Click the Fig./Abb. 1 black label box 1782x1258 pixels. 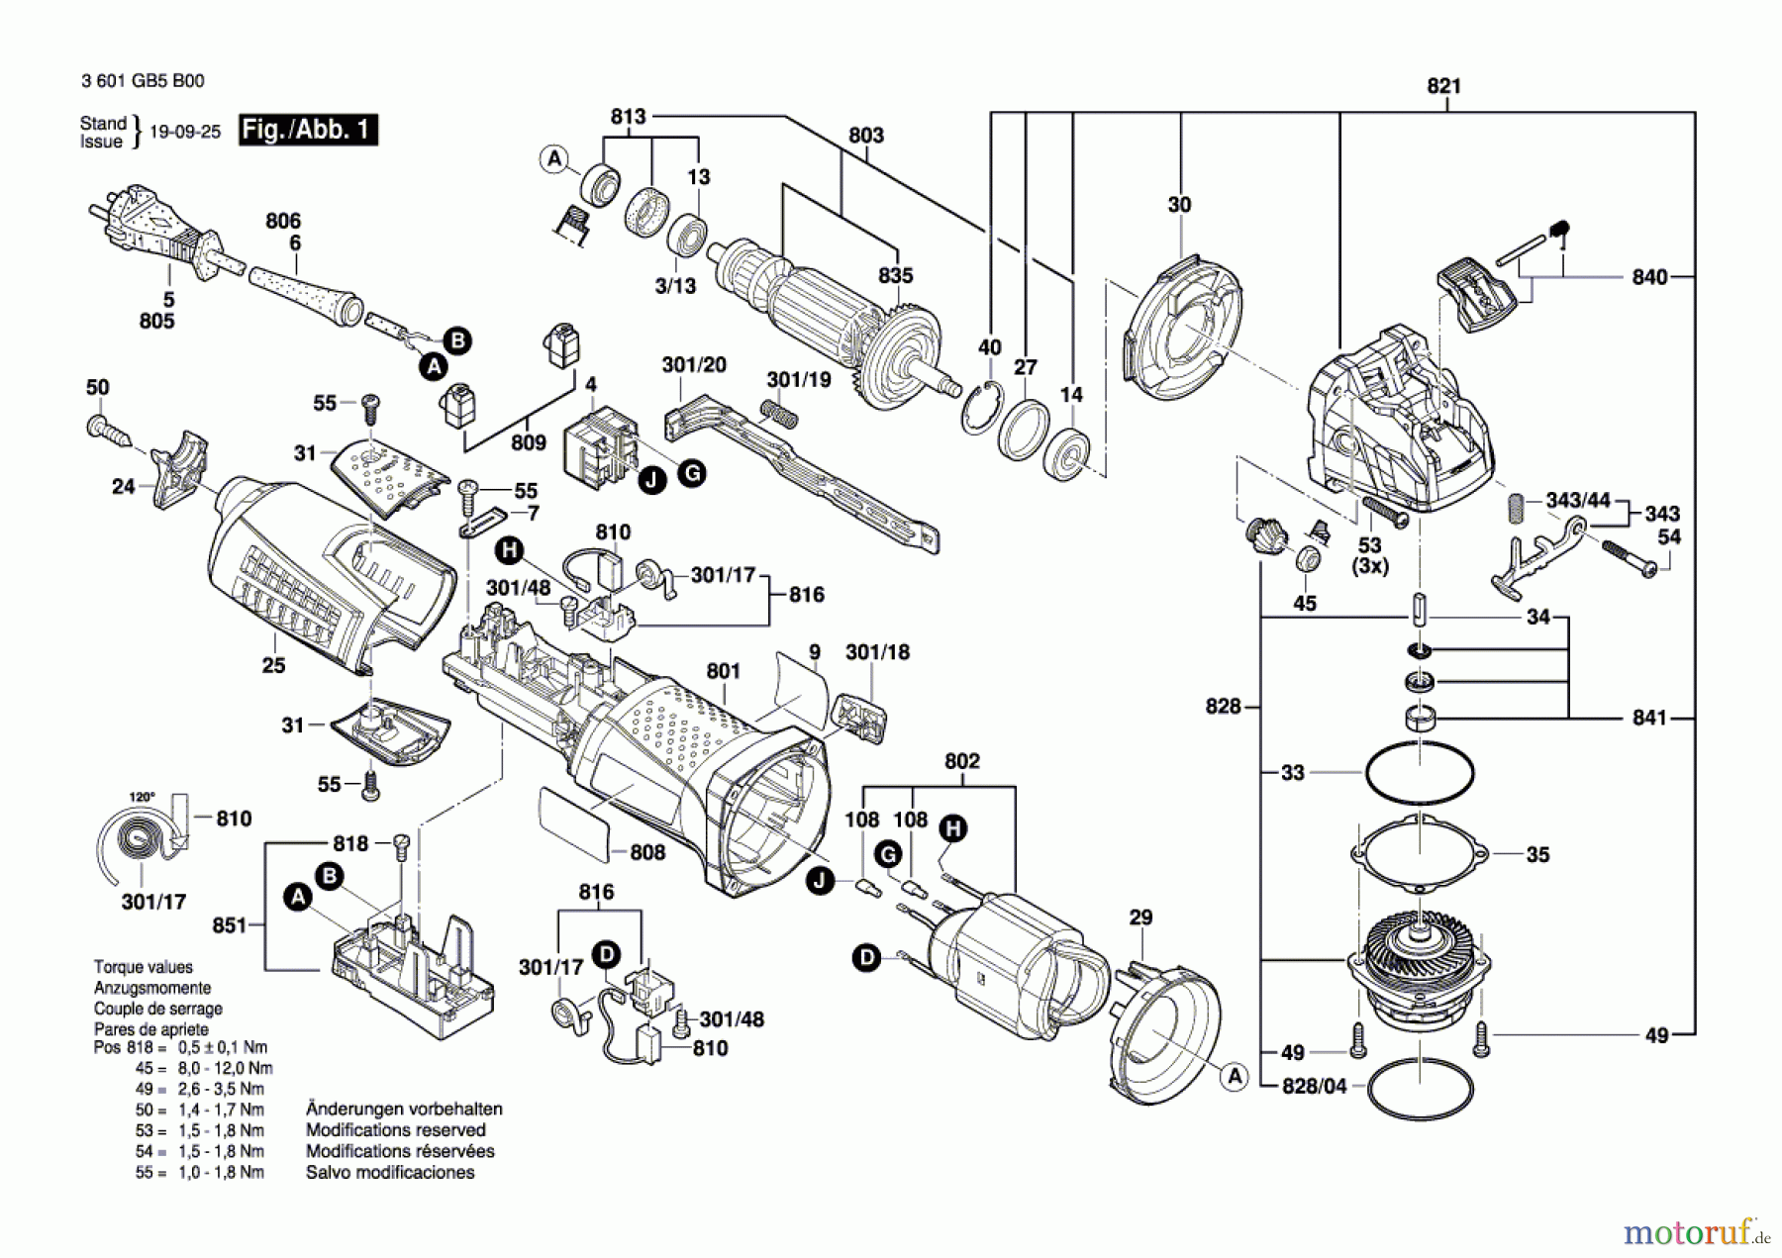308,130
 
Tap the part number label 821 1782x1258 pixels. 1443,86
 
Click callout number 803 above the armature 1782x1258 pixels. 865,135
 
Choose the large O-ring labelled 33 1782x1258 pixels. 1419,772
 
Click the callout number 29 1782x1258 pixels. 1140,918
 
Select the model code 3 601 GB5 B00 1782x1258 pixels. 143,81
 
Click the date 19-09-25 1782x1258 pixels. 185,132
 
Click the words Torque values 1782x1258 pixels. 144,967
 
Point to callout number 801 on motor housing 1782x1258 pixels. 723,671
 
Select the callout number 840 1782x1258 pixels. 1649,277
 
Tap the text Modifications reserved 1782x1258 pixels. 395,1130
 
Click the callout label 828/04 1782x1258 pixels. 1315,1086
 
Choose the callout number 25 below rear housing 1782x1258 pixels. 273,665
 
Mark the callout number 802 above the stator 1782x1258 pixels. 961,761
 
